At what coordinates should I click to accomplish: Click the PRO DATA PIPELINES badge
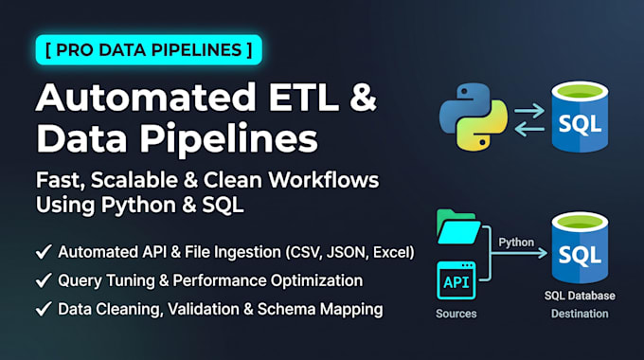149,50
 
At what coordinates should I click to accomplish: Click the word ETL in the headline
304,98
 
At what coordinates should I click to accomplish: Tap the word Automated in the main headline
146,98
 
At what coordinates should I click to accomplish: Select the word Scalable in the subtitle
134,180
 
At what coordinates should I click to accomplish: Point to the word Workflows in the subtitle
324,180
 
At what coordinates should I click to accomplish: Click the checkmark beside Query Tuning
44,280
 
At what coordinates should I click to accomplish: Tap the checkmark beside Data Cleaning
44,309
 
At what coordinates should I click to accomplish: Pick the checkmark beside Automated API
44,252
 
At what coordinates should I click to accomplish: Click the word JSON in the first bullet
347,252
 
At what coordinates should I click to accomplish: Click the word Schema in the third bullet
285,309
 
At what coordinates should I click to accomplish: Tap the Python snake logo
474,117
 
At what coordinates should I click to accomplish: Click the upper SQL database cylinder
580,117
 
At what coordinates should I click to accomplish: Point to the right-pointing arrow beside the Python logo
529,111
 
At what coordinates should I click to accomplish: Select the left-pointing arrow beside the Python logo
529,129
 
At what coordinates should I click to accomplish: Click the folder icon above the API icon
457,226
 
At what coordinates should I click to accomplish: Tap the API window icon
456,280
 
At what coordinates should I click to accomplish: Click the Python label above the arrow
516,243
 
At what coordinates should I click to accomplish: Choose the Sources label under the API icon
456,314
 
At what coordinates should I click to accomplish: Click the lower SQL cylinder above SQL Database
580,247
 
